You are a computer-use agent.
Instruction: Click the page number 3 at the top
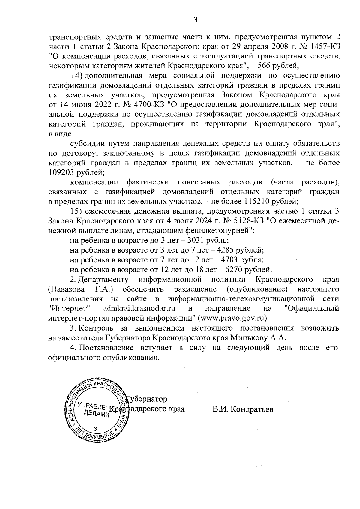coord(195,20)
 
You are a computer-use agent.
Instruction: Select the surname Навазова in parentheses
coord(63,289)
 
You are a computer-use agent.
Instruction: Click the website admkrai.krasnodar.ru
coord(139,308)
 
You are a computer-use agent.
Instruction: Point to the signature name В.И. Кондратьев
coord(243,409)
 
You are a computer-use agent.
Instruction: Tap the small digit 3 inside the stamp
coord(95,428)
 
